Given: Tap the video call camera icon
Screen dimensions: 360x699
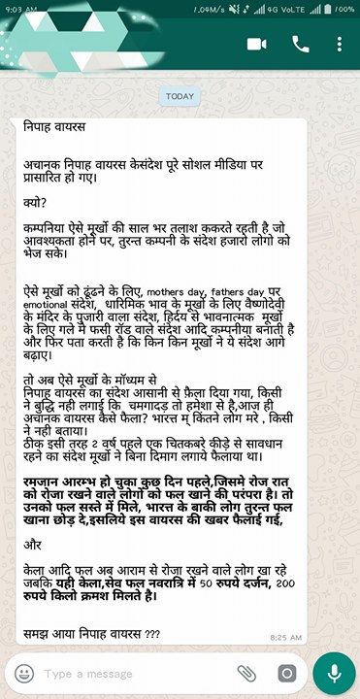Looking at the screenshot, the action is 257,45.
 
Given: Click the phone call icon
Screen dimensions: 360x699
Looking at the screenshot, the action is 300,45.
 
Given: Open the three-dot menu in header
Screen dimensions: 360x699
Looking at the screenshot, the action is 339,45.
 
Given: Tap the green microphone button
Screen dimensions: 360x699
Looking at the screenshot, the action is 335,673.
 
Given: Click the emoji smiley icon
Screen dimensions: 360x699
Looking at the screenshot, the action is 24,673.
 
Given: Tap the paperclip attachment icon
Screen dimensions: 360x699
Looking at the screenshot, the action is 246,673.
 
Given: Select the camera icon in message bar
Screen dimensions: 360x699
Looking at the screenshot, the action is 285,673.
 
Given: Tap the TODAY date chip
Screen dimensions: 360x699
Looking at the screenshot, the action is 180,96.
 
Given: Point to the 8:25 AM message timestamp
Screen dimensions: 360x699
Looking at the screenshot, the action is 285,637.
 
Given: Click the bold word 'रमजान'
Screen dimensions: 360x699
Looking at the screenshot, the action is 45,481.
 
